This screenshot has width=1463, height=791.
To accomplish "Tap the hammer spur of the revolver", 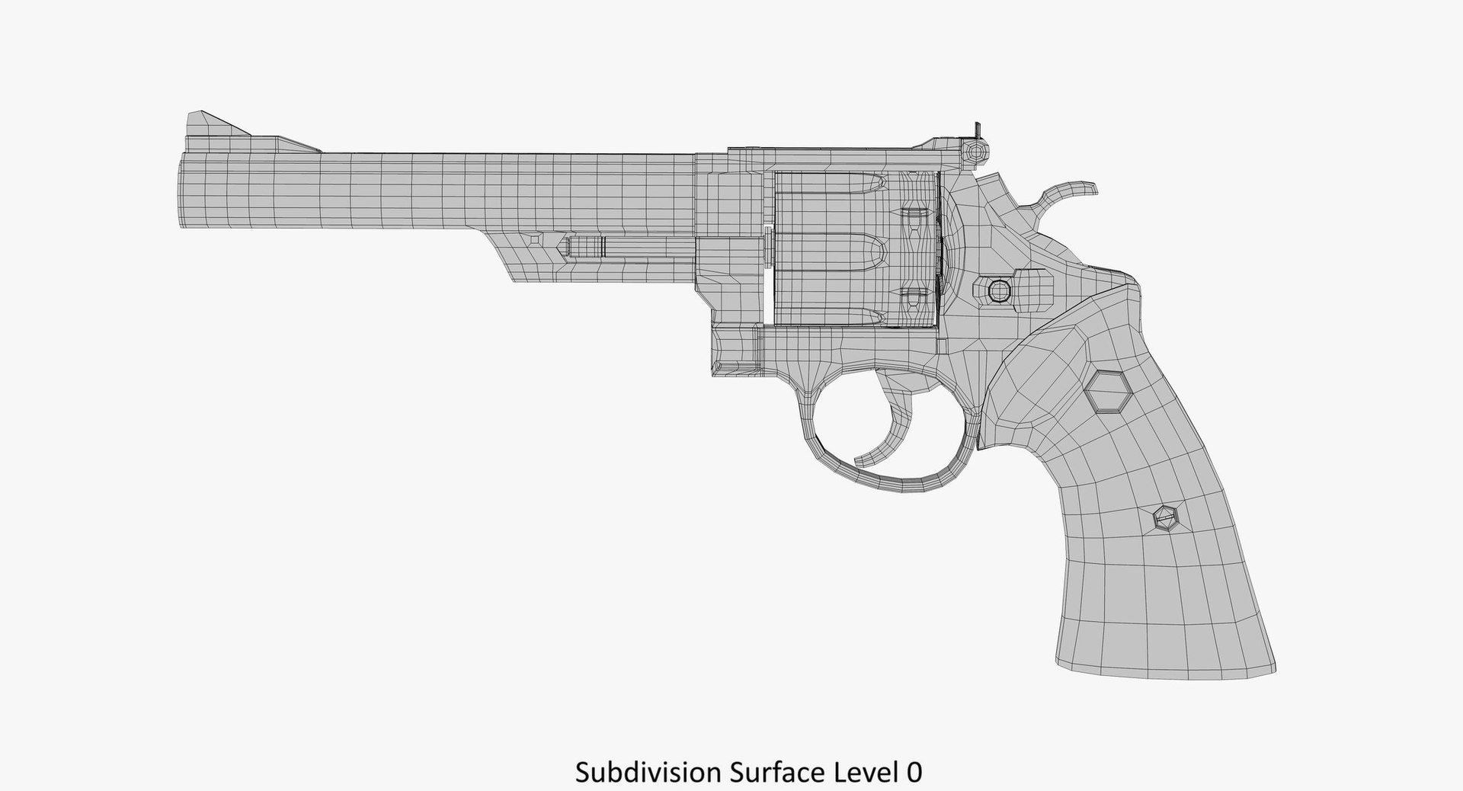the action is pos(1067,195).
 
